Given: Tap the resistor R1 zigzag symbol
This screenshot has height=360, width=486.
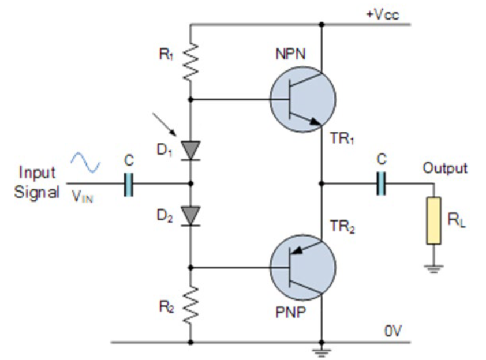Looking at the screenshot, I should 191,62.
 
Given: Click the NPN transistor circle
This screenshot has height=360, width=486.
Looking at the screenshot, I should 302,99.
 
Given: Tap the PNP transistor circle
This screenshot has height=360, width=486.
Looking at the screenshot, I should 302,267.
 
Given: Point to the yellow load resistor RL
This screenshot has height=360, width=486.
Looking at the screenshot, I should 433,220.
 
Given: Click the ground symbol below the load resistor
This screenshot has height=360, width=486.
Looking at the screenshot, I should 433,268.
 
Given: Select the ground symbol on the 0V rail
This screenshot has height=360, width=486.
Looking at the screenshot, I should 321,349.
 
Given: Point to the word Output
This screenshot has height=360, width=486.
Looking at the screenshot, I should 445,168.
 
